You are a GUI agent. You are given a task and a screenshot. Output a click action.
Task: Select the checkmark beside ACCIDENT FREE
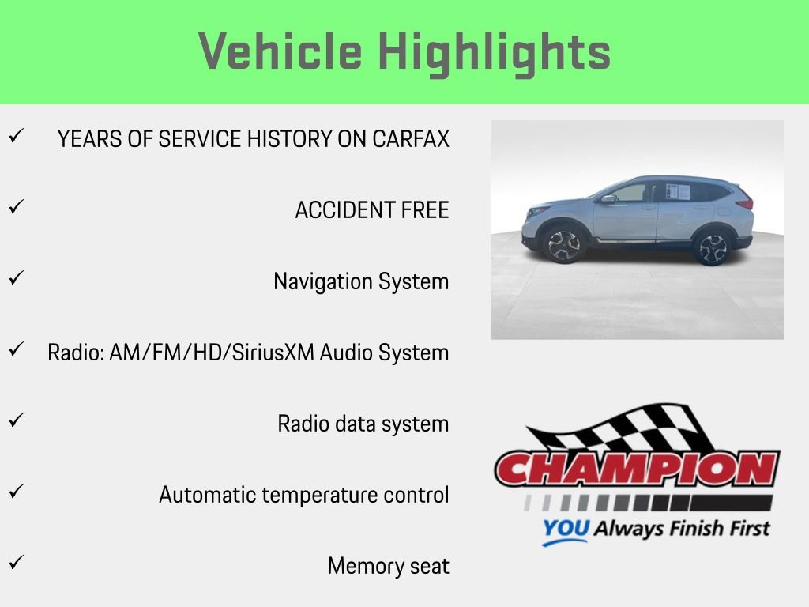tap(15, 208)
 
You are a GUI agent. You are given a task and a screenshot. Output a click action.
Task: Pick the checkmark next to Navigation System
tap(15, 279)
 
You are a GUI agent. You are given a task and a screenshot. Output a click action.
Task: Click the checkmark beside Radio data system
tap(15, 421)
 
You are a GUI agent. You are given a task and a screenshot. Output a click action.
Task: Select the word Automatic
tap(208, 495)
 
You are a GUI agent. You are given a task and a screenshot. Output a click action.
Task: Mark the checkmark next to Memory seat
tap(15, 564)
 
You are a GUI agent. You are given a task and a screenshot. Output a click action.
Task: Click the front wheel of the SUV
tap(564, 245)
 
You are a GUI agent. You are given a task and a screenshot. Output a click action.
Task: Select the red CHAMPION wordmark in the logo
tap(637, 469)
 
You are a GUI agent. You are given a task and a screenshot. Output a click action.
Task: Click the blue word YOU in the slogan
tap(565, 529)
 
